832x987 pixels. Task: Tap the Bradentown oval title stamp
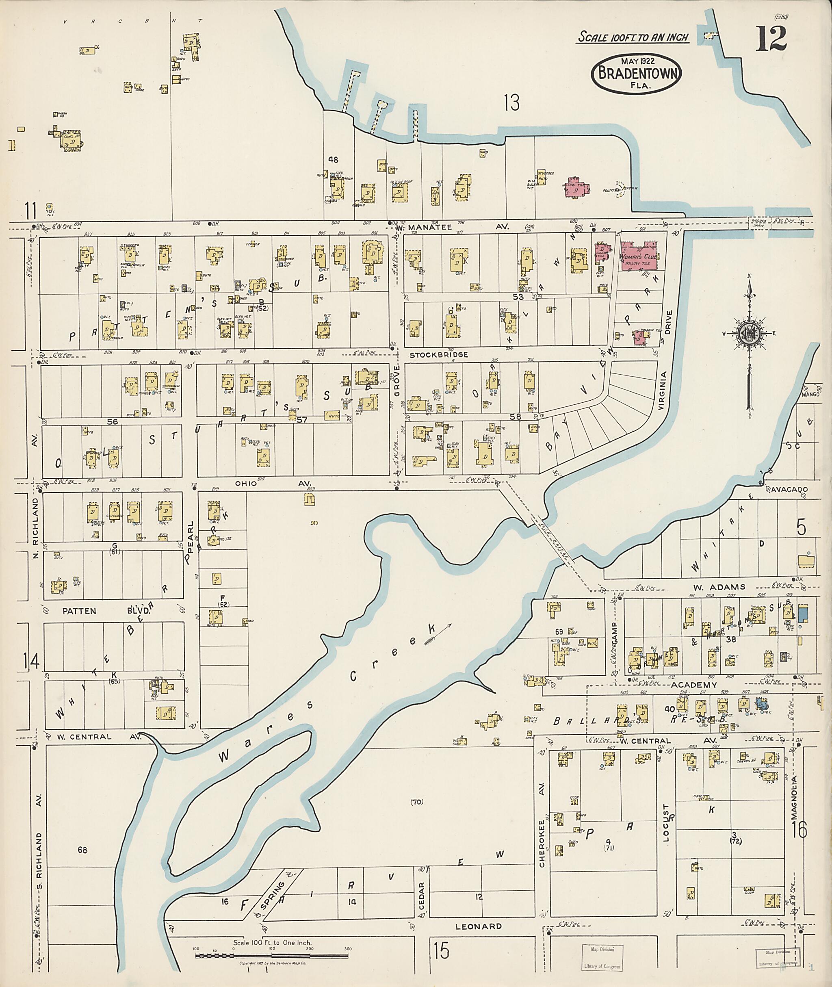tap(636, 74)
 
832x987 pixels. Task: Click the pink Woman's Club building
tap(639, 257)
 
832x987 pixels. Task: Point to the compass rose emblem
tap(749, 333)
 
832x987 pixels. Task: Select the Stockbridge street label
tap(439, 355)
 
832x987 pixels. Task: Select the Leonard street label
tap(478, 926)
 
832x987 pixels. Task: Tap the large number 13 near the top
tap(511, 102)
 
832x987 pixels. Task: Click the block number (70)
tap(416, 802)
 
